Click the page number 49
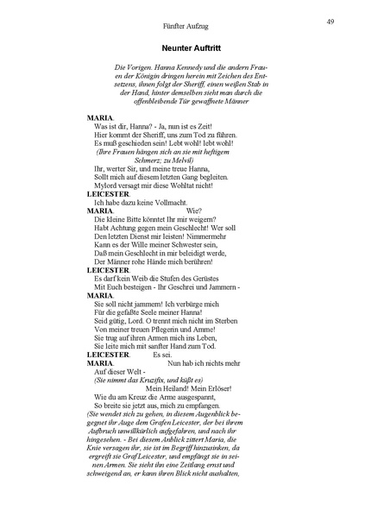tap(330, 22)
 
